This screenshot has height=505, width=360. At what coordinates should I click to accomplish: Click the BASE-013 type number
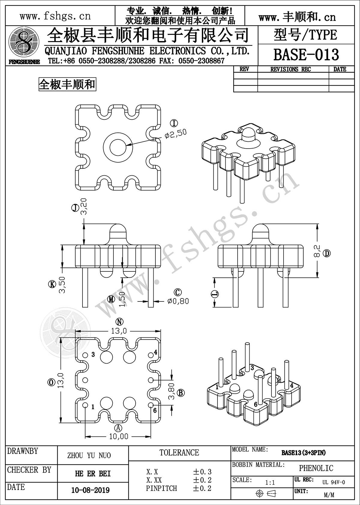coord(306,55)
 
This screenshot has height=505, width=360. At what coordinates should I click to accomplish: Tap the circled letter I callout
coord(174,122)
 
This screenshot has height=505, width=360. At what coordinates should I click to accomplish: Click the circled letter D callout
coord(327,254)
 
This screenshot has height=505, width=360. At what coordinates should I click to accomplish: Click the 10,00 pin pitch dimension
coord(118,436)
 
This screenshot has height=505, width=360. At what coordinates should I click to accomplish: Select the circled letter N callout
coord(119,322)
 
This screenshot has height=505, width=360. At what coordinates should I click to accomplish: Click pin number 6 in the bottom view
coord(155,410)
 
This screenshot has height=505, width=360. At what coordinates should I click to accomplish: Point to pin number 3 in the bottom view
coord(93,355)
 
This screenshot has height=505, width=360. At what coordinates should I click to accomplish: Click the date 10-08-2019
coord(90,490)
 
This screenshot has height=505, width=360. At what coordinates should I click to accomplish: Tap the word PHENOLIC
coord(316,468)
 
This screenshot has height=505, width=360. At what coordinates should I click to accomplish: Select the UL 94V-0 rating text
coord(334,482)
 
